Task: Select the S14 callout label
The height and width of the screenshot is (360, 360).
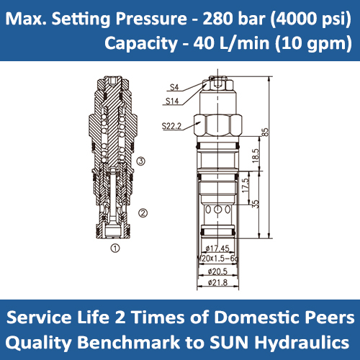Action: pyautogui.click(x=172, y=102)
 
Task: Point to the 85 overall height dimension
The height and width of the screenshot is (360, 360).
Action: pyautogui.click(x=265, y=132)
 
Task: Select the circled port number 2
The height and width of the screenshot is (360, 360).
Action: pyautogui.click(x=143, y=212)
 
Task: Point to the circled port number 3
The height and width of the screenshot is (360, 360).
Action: pyautogui.click(x=141, y=161)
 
